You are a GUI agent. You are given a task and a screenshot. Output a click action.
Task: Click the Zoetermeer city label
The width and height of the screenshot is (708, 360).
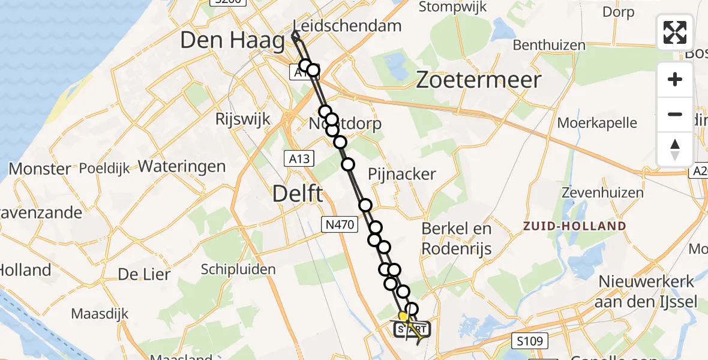pyautogui.click(x=479, y=80)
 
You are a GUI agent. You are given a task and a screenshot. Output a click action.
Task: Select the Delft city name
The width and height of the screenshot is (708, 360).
pyautogui.click(x=298, y=194)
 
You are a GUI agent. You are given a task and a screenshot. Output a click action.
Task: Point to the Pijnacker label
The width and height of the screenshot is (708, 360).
pyautogui.click(x=402, y=174)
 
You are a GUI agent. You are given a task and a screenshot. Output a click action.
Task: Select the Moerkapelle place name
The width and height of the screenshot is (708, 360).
pyautogui.click(x=597, y=123)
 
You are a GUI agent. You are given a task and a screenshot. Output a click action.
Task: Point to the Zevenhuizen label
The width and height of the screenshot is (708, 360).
pyautogui.click(x=602, y=193)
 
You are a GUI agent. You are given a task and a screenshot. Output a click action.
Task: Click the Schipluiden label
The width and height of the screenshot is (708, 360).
pyautogui.click(x=238, y=269)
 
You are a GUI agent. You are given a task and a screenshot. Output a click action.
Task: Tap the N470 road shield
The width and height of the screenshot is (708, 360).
pyautogui.click(x=340, y=225)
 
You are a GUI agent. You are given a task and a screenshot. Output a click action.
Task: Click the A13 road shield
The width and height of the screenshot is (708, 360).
pyautogui.click(x=298, y=158)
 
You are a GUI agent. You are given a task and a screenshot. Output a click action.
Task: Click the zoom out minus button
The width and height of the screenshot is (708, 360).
pyautogui.click(x=675, y=115)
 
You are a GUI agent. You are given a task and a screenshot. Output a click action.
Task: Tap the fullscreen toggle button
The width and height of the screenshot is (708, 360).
pyautogui.click(x=675, y=32)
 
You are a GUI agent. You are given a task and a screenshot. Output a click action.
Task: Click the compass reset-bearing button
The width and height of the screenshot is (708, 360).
pyautogui.click(x=675, y=149)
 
